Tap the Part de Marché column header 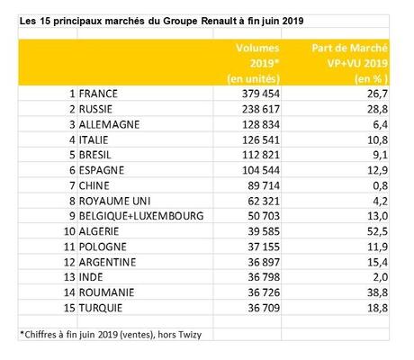350,63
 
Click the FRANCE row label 98,94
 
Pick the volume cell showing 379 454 261,94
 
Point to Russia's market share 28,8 377,109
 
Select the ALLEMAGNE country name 109,124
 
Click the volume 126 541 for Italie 261,139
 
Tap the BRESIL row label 94,155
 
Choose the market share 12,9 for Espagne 377,170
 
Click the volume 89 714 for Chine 264,185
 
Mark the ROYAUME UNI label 114,201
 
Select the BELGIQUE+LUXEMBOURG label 141,216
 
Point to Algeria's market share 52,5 377,231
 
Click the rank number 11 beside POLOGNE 69,247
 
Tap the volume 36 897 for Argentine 264,262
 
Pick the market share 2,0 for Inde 381,277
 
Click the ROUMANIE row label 106,292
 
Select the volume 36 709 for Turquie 264,308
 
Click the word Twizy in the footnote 190,335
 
